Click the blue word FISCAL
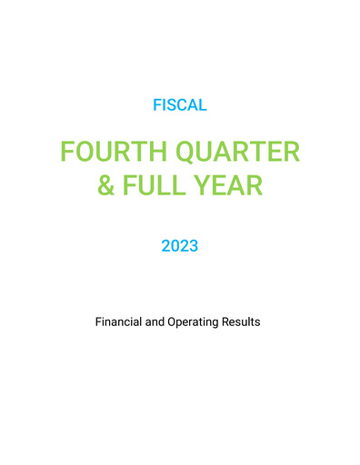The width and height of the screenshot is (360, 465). click(x=180, y=105)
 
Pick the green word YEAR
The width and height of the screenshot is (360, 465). click(x=232, y=186)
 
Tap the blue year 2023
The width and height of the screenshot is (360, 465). click(x=180, y=245)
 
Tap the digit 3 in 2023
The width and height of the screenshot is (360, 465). click(x=194, y=245)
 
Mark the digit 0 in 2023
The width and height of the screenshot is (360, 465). click(x=175, y=245)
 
